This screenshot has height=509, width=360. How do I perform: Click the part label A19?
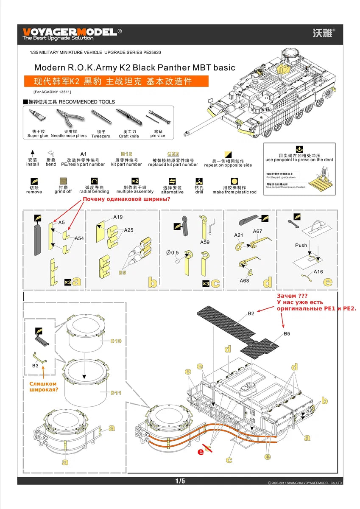[x=118, y=217]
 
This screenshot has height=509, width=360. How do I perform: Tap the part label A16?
[x=318, y=272]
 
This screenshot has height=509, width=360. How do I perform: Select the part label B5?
[x=287, y=334]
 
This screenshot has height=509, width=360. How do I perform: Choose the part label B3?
[x=36, y=365]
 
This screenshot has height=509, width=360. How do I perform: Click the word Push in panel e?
[x=301, y=246]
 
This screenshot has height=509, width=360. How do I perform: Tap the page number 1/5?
[x=180, y=481]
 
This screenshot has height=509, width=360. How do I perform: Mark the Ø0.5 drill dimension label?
[x=173, y=253]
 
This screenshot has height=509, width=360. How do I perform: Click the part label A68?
[x=244, y=280]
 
